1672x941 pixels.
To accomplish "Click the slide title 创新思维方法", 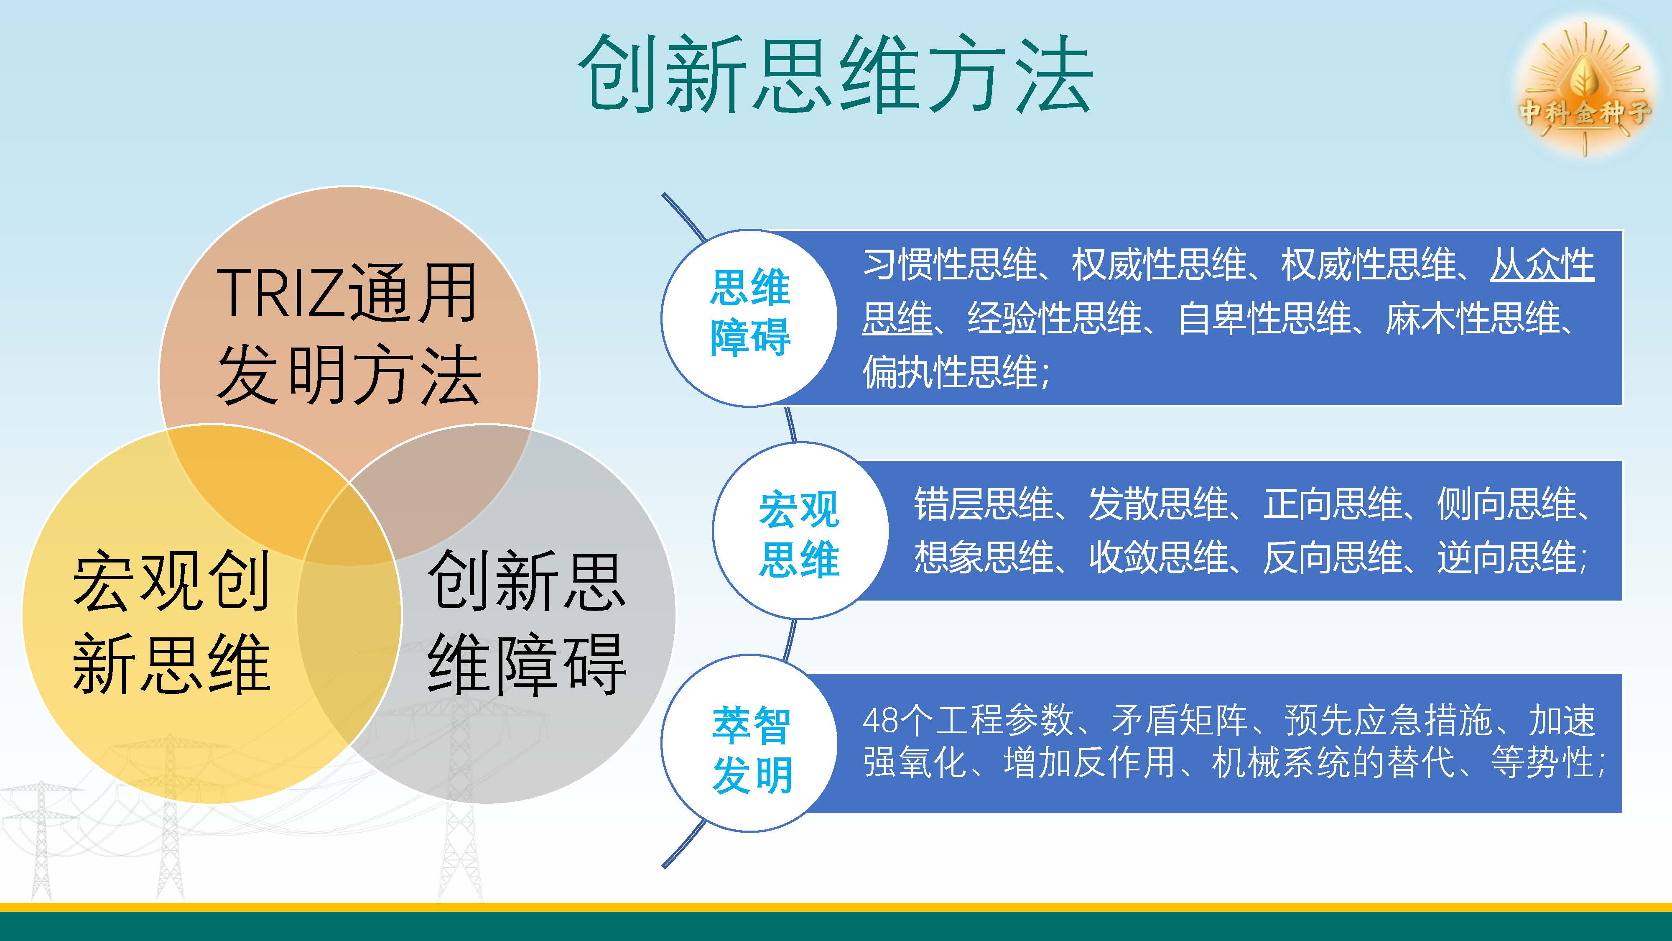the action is (x=835, y=73).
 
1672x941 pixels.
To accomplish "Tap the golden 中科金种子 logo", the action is (x=1584, y=91).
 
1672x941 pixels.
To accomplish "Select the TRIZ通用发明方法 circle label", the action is (x=349, y=335).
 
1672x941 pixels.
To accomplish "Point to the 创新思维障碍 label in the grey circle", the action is (x=526, y=622).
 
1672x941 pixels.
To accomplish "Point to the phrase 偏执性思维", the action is (x=950, y=372).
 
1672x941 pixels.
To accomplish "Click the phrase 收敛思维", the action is (x=1159, y=557).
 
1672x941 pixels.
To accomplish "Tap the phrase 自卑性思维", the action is (x=1264, y=318).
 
